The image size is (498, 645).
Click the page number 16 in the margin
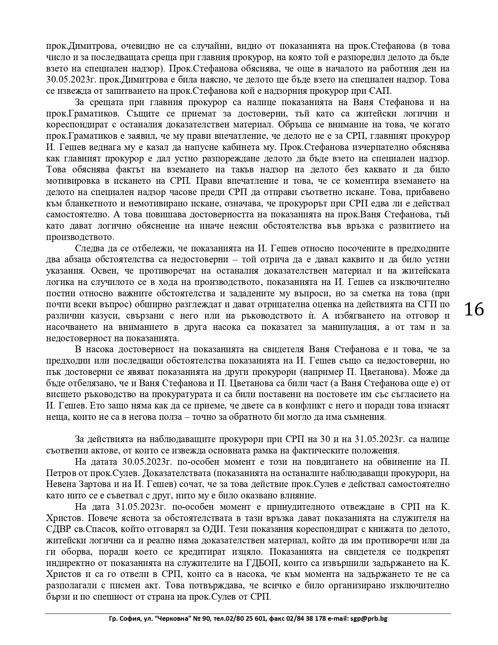click(x=474, y=309)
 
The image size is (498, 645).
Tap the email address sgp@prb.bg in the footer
click(x=368, y=619)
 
